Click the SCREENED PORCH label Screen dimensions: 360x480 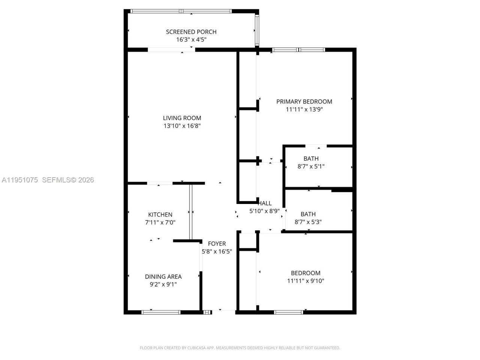[x=191, y=32]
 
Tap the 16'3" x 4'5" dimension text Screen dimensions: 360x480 [x=191, y=40]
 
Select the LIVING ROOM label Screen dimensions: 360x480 [x=182, y=118]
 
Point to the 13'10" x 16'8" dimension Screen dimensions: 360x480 [x=182, y=126]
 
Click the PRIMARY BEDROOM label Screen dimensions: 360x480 [x=304, y=102]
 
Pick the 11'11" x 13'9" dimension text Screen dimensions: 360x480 [x=304, y=109]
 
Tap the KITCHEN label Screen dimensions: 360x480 [x=160, y=214]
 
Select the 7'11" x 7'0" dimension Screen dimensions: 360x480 [x=160, y=222]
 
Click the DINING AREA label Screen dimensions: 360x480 [x=163, y=277]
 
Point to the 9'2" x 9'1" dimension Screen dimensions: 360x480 [x=163, y=285]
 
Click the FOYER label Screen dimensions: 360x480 [x=217, y=244]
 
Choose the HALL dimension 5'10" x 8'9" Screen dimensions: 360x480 [x=264, y=211]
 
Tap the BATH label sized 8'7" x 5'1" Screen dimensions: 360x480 [x=311, y=159]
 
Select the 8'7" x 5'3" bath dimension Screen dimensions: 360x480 [x=308, y=222]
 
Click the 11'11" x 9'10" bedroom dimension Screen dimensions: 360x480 [x=306, y=281]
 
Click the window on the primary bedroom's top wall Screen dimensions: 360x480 [x=298, y=49]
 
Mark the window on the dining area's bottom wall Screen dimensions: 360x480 [x=161, y=312]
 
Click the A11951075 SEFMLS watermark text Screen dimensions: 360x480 [x=48, y=180]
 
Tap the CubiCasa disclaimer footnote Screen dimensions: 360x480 [x=240, y=348]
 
